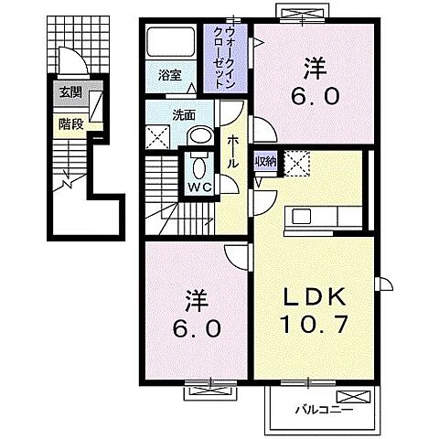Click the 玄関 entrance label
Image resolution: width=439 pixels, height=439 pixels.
coord(70,91)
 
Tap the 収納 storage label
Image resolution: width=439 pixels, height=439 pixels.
coord(264,161)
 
